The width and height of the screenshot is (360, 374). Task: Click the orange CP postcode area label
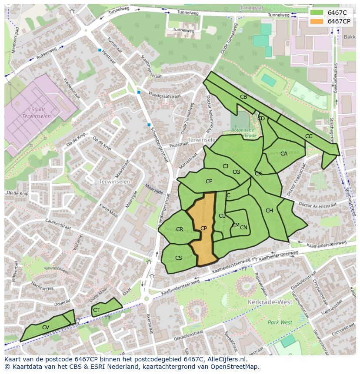(x=203, y=228)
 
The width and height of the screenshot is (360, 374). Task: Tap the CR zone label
(x=180, y=229)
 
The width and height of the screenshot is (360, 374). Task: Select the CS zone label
(x=179, y=258)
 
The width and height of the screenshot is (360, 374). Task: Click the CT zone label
(x=97, y=310)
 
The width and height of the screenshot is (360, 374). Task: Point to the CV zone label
(x=46, y=328)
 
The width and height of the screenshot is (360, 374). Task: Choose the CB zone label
(x=243, y=97)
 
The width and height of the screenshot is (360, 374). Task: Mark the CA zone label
(x=284, y=154)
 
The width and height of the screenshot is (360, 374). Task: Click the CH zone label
(x=269, y=211)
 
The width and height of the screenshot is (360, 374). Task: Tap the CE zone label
(x=209, y=182)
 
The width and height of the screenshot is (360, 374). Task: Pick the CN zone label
(x=243, y=228)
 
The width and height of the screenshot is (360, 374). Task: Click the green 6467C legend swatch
(x=317, y=13)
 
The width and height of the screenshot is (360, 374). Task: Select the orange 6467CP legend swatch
(x=317, y=21)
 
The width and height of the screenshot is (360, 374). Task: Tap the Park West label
(x=280, y=322)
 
